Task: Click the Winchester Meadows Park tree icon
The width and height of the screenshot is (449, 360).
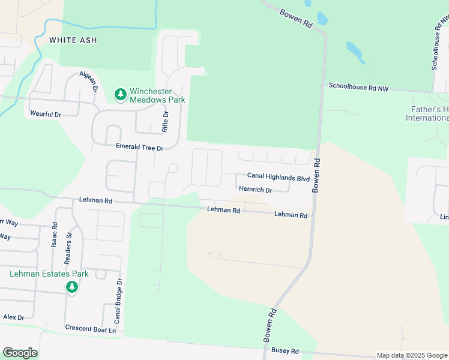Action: (x=120, y=94)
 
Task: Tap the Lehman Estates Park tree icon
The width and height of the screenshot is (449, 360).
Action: (x=72, y=287)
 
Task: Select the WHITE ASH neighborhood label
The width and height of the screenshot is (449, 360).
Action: (x=73, y=40)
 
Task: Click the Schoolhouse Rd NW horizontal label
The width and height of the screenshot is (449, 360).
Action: (x=358, y=88)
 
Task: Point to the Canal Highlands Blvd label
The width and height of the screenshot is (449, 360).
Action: (x=279, y=178)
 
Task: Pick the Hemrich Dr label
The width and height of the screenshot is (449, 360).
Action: (x=256, y=190)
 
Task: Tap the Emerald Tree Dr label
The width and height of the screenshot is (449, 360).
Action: (x=139, y=148)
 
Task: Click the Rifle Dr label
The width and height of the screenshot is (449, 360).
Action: (x=166, y=122)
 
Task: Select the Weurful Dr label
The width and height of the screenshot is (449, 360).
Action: (x=46, y=113)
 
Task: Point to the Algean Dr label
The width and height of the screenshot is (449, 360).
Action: (x=88, y=81)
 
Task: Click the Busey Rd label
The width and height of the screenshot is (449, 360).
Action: (x=285, y=350)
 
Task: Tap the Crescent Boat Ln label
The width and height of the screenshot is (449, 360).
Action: (x=90, y=328)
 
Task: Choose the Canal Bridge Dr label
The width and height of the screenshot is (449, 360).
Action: (x=118, y=301)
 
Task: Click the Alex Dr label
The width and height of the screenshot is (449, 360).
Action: (x=13, y=317)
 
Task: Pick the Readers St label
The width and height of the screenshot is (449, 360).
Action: (x=68, y=247)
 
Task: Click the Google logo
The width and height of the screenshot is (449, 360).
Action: (x=20, y=353)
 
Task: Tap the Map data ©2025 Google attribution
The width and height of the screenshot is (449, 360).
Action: (x=411, y=355)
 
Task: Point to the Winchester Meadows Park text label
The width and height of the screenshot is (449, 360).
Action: (x=157, y=95)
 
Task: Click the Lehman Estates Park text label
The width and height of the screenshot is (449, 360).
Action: (x=49, y=274)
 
